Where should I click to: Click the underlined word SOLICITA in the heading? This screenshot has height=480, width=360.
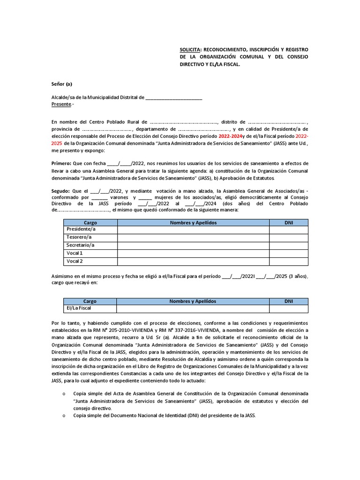coord(191,48)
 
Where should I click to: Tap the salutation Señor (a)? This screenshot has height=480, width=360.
coord(62,84)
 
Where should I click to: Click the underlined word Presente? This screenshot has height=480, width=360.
coord(61,104)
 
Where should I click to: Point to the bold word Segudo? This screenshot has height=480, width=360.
coord(60,191)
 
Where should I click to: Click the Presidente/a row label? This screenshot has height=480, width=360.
coord(81,230)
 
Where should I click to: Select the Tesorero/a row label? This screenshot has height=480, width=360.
coord(79,238)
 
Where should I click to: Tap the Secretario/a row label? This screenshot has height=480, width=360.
coord(81,245)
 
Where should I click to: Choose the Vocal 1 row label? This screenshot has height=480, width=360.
coord(75,253)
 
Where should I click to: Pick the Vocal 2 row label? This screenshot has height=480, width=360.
coord(75,261)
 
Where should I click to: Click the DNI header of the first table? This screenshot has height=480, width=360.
coord(289,223)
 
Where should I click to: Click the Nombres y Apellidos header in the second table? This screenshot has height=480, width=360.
coord(193,301)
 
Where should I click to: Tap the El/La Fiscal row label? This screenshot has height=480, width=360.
coord(79,308)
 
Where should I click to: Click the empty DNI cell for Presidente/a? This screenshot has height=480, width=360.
coord(289,230)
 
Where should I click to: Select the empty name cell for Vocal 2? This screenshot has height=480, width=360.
coord(193,261)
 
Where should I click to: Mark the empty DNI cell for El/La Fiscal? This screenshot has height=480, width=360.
coord(289,308)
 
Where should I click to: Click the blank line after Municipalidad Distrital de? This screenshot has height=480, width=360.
coord(174,97)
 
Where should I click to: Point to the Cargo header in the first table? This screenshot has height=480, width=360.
coord(90,223)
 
